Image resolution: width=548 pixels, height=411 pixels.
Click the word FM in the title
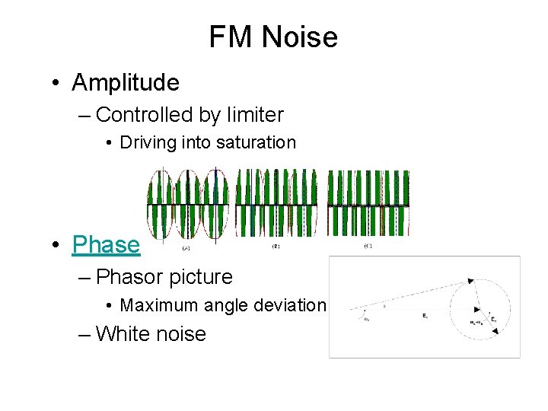tap(228, 37)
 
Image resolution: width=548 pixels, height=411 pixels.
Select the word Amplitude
tap(126, 82)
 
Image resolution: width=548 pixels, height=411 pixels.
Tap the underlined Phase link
tap(106, 245)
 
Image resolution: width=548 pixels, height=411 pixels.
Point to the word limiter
tap(253, 116)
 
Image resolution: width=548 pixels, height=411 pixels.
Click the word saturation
tap(256, 142)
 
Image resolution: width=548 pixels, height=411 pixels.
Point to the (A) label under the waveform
tap(186, 248)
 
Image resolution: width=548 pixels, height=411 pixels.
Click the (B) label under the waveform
tap(276, 247)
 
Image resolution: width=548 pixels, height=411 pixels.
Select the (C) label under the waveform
tap(368, 247)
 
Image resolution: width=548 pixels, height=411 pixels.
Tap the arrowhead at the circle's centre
tap(476, 309)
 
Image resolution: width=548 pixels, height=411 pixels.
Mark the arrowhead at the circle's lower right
tap(495, 331)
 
